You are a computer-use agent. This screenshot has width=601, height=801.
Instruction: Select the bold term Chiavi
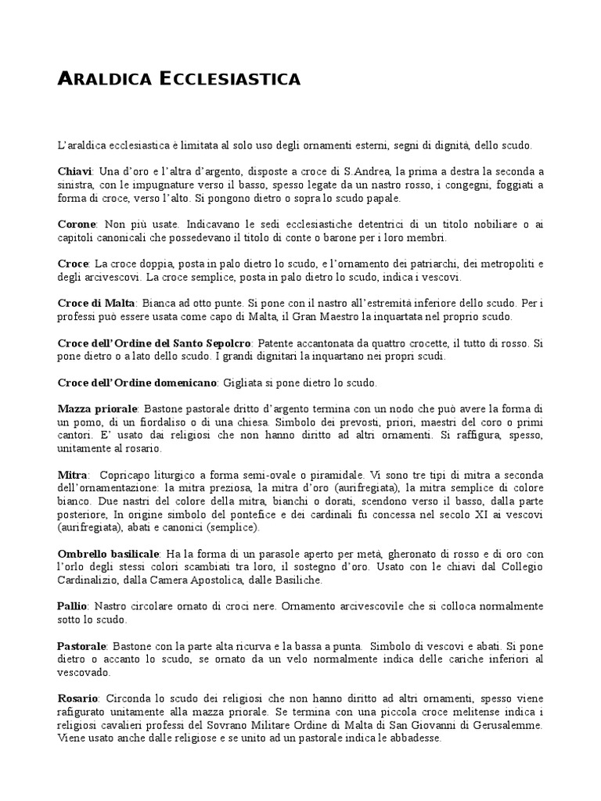click(75, 171)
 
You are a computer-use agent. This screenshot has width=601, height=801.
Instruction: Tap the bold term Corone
click(77, 224)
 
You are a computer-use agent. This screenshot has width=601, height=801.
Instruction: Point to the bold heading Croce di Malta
click(96, 303)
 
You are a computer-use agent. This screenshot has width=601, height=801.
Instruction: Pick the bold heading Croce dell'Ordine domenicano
click(137, 383)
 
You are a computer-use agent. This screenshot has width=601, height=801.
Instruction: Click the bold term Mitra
click(71, 476)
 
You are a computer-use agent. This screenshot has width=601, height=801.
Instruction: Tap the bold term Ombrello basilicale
click(109, 554)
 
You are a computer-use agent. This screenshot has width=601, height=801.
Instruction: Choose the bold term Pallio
click(73, 607)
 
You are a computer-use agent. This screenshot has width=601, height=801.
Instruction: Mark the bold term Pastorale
click(82, 648)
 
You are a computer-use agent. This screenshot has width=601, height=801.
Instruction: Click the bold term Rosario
click(77, 698)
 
